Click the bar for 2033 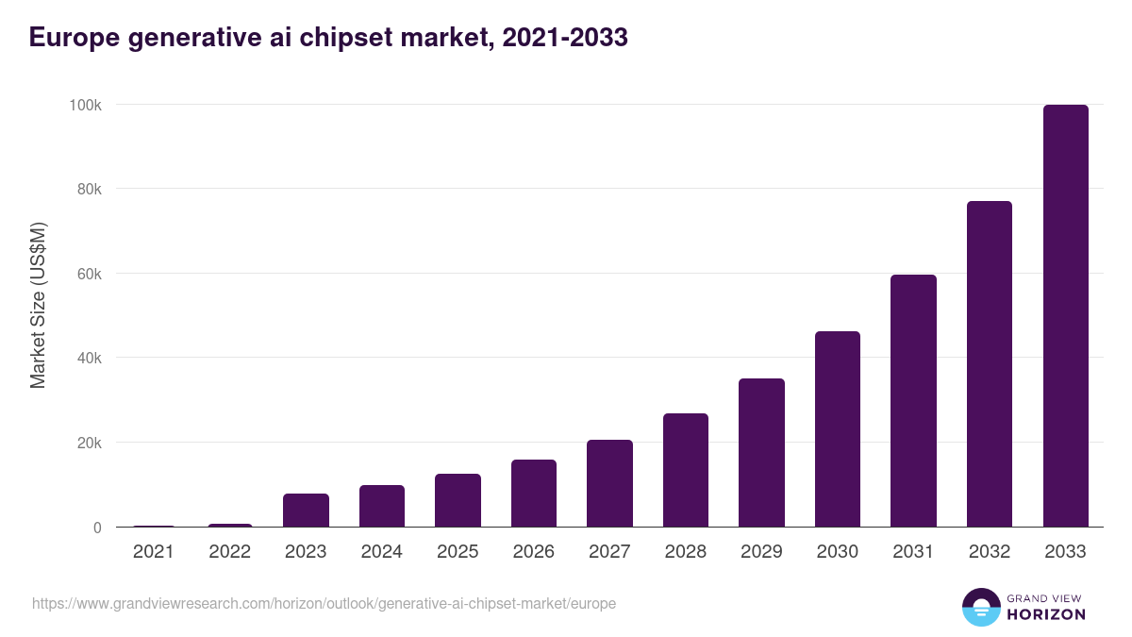(x=1065, y=316)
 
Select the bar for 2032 (x=989, y=364)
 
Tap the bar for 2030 (x=838, y=429)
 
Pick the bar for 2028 (x=685, y=470)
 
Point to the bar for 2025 (x=458, y=500)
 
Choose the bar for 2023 (x=306, y=511)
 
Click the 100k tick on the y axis (x=85, y=105)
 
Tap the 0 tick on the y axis (x=97, y=528)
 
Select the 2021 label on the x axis (x=154, y=552)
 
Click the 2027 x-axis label (x=609, y=552)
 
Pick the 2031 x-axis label (x=913, y=552)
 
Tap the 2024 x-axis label (x=381, y=552)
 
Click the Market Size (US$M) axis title (x=38, y=306)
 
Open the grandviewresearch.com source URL (x=324, y=603)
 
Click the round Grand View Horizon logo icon (x=981, y=607)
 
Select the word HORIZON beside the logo (x=1046, y=614)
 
